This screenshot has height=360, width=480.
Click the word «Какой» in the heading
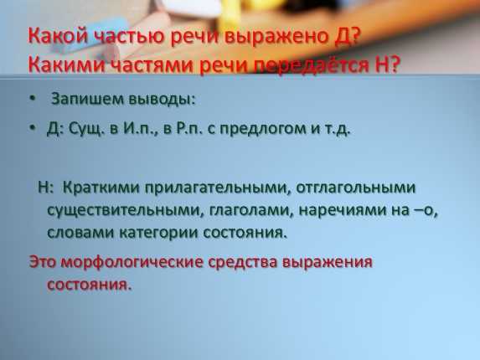pyautogui.click(x=57, y=36)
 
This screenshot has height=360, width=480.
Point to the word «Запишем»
pyautogui.click(x=88, y=100)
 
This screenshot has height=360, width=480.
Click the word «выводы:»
pyautogui.click(x=162, y=100)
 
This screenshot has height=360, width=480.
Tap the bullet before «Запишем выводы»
pyautogui.click(x=33, y=99)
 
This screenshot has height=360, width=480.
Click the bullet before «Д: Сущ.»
pyautogui.click(x=33, y=127)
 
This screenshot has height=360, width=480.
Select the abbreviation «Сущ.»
pyautogui.click(x=85, y=129)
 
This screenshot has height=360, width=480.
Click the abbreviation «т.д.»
pyautogui.click(x=337, y=129)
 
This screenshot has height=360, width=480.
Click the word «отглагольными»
pyautogui.click(x=356, y=188)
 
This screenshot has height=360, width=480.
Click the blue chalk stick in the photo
pyautogui.click(x=92, y=35)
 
